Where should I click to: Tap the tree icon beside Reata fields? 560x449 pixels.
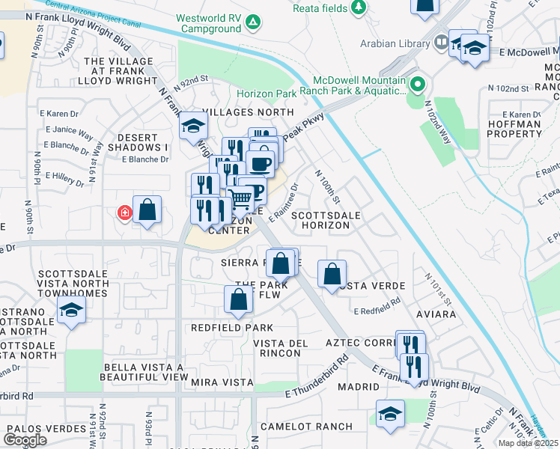(360, 7)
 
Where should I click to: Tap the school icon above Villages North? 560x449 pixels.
(193, 125)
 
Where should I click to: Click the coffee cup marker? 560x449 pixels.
(261, 162)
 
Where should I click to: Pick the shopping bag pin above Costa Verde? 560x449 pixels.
(332, 273)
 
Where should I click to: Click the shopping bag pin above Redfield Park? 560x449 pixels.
(238, 299)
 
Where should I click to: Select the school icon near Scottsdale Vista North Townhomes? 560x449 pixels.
(71, 312)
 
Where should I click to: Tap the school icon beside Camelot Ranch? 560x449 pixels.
(390, 415)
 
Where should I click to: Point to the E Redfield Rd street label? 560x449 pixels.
(377, 311)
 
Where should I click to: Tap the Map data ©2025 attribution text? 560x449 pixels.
(527, 443)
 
